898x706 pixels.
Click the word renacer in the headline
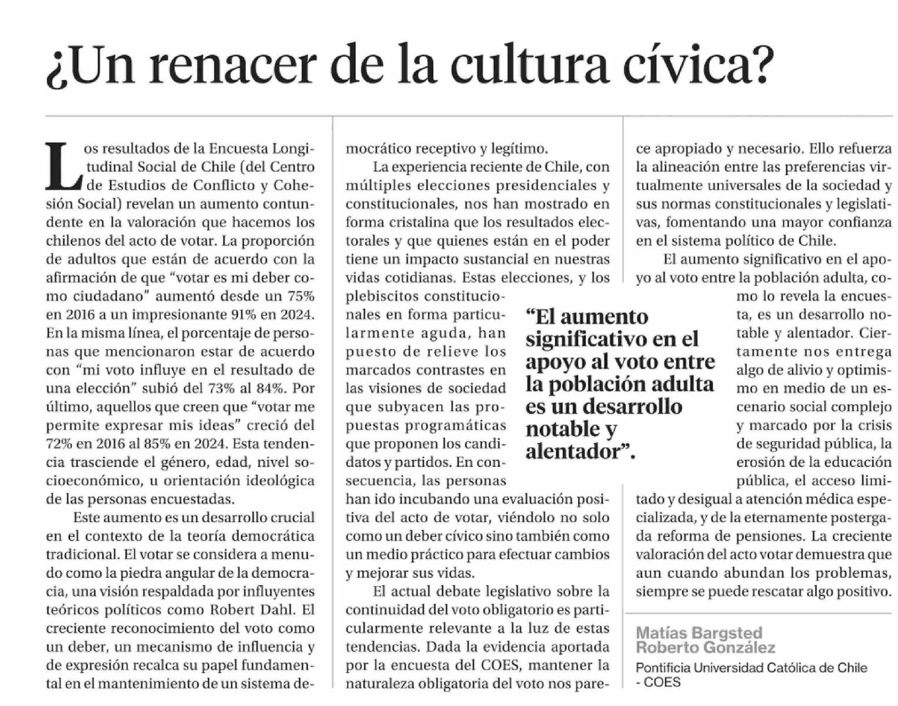(232, 65)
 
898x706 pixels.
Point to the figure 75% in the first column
(299, 296)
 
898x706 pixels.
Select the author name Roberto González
(706, 648)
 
